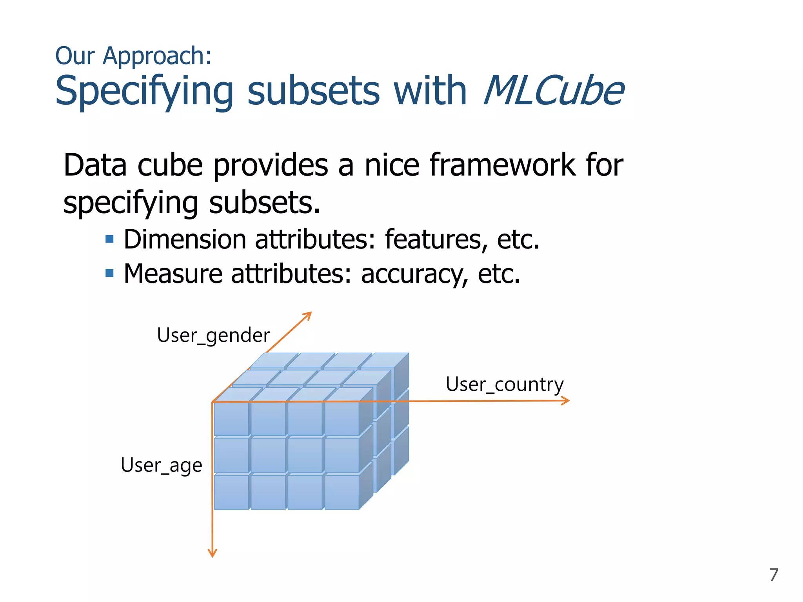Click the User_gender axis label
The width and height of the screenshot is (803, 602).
213,335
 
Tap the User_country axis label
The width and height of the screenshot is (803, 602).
505,384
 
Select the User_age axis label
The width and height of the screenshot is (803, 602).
161,465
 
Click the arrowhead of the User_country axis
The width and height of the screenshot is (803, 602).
566,401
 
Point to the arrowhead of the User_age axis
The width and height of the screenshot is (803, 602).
212,553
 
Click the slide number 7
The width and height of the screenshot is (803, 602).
773,575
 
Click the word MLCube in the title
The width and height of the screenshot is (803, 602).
553,91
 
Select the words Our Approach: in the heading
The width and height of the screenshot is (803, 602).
133,56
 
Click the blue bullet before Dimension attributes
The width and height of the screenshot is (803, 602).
110,239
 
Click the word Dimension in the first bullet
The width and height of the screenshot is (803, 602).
185,239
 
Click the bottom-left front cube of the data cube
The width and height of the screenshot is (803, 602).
231,492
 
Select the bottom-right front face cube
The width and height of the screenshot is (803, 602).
342,492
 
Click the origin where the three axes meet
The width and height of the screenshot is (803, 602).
213,402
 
